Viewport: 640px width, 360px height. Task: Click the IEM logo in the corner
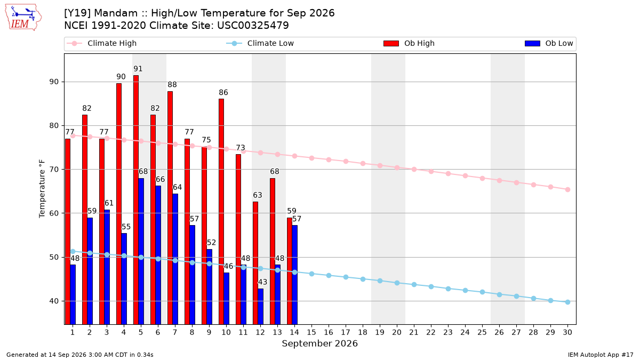click(x=23, y=17)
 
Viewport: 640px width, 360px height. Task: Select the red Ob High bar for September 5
click(x=136, y=199)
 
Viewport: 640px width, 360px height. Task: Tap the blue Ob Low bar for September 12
click(x=261, y=306)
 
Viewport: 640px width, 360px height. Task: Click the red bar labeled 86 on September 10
click(x=221, y=211)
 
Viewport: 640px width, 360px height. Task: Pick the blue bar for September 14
click(x=294, y=275)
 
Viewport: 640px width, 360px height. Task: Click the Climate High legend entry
click(x=101, y=43)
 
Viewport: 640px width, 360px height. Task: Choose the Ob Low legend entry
click(x=549, y=43)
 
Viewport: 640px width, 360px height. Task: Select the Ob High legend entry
click(x=409, y=43)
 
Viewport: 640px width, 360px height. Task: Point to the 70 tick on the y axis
click(x=54, y=170)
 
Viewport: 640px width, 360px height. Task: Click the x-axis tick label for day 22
click(x=431, y=332)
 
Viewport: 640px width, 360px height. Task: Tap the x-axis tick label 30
click(x=567, y=332)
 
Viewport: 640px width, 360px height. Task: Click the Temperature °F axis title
click(x=42, y=189)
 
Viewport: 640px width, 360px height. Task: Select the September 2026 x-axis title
click(x=319, y=343)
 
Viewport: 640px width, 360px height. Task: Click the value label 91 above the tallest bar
click(x=138, y=69)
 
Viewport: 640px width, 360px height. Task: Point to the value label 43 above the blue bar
click(x=262, y=282)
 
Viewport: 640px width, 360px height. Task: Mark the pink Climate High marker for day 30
click(x=567, y=189)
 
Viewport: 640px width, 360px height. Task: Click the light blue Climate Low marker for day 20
click(x=397, y=283)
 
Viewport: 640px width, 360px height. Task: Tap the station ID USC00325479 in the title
click(x=253, y=26)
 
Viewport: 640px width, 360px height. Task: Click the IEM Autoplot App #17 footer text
click(x=601, y=355)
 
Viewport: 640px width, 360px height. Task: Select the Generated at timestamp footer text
click(x=79, y=355)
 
